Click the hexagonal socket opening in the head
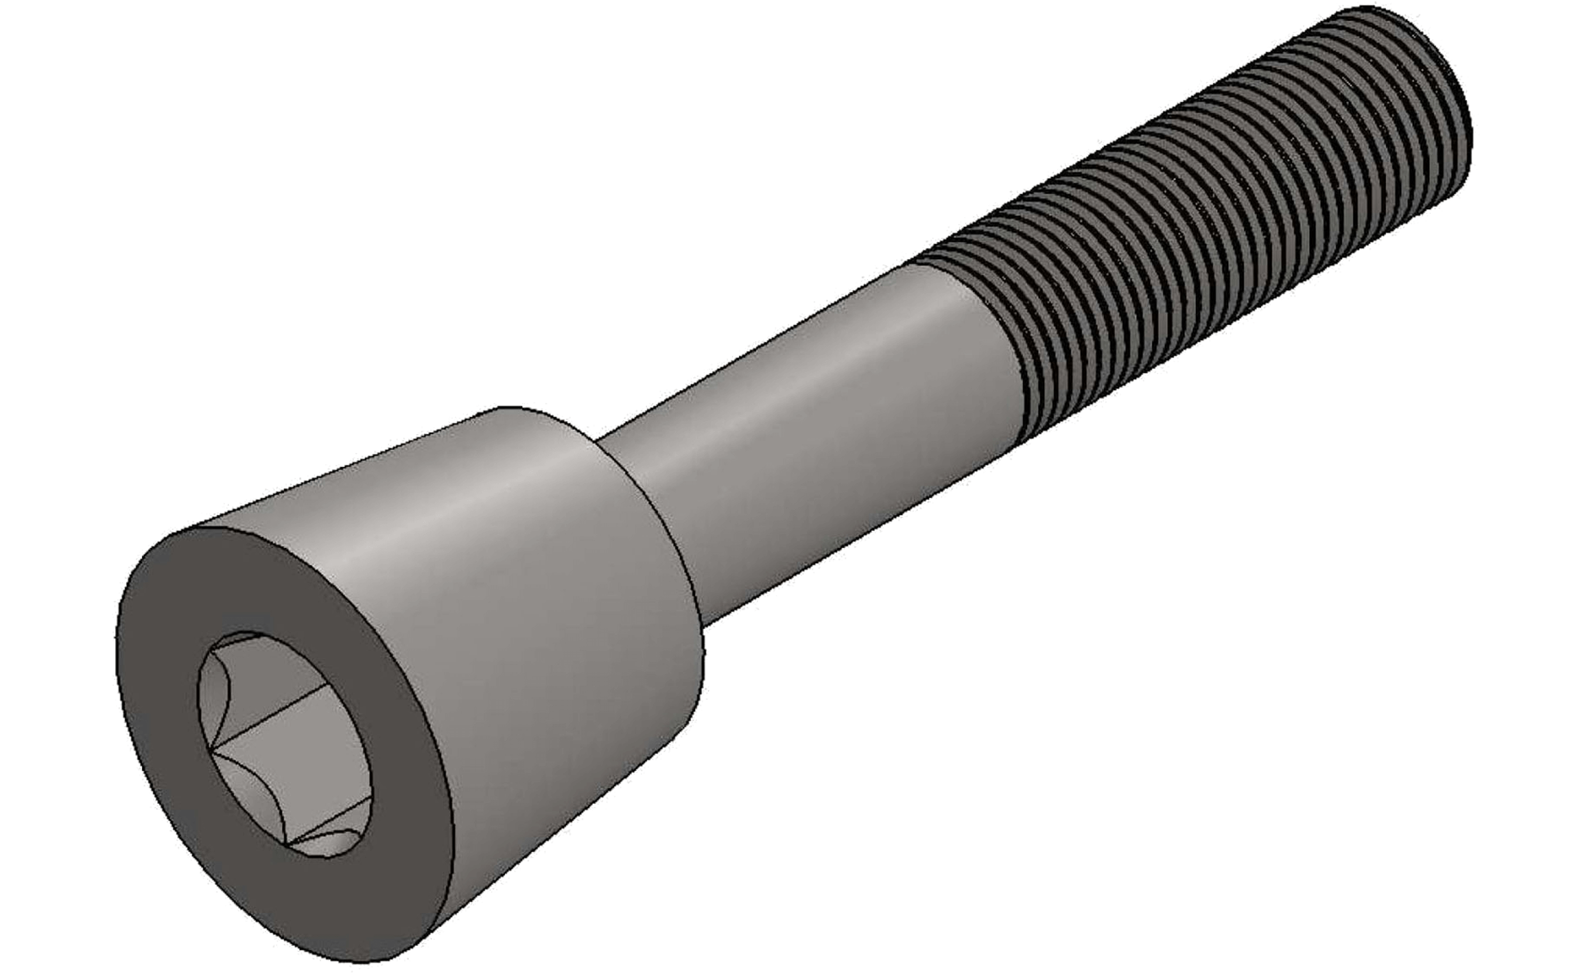pyautogui.click(x=284, y=743)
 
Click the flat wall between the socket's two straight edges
pyautogui.click(x=297, y=762)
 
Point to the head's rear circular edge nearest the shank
pyautogui.click(x=678, y=549)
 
